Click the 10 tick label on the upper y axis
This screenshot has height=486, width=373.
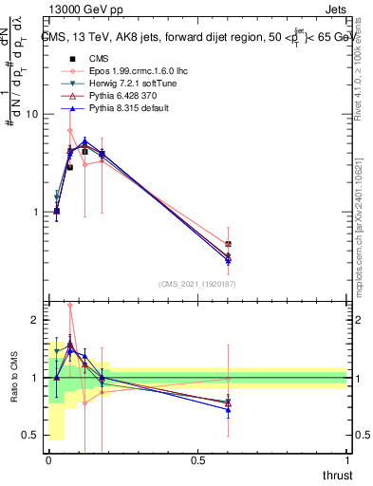(30, 114)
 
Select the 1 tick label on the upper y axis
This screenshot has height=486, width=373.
(34, 212)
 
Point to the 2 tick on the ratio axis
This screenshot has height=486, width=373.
(34, 320)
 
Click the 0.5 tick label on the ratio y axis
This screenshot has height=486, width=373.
(28, 436)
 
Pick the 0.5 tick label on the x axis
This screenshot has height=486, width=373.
(197, 460)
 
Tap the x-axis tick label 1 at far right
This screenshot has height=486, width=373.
(346, 460)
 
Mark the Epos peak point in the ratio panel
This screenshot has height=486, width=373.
(70, 306)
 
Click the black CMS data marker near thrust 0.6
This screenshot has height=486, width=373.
(228, 245)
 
